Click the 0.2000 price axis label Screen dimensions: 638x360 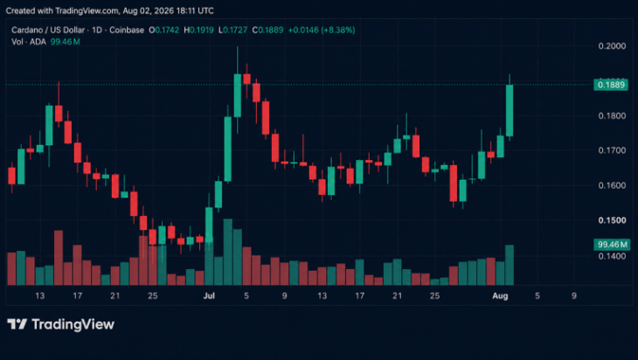[x=612, y=46]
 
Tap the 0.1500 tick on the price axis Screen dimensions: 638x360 [x=612, y=220]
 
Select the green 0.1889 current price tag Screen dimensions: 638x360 [x=611, y=85]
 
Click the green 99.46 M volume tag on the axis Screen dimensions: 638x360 [x=612, y=245]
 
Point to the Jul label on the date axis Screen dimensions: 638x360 [x=209, y=295]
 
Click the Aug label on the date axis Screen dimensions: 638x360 [x=500, y=295]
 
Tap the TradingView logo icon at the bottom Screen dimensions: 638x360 [x=17, y=324]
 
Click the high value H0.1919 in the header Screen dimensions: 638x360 [x=198, y=30]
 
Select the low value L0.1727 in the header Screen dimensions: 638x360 [x=232, y=30]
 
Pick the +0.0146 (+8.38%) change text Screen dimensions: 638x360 [x=322, y=30]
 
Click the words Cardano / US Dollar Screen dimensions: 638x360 [x=48, y=30]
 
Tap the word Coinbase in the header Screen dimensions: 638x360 [x=127, y=30]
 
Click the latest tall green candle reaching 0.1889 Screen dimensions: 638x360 [x=510, y=110]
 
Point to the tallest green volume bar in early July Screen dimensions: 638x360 [x=228, y=253]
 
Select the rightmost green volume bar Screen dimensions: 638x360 [x=510, y=266]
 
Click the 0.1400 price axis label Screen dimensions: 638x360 [x=612, y=256]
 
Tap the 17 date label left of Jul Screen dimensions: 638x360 [x=77, y=295]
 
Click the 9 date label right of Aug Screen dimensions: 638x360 [x=574, y=295]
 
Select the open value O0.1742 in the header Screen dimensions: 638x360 [x=164, y=30]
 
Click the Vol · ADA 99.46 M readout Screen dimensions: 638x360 [x=45, y=41]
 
